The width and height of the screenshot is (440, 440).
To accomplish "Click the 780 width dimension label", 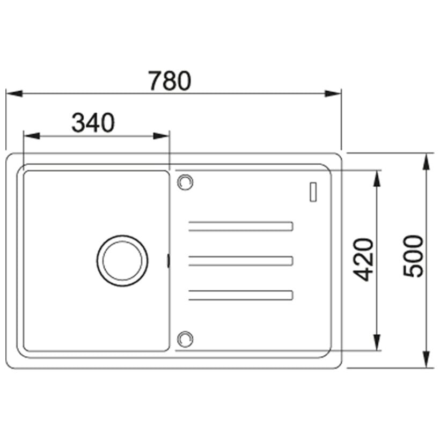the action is coord(170,81).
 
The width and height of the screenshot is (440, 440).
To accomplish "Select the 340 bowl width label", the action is coord(93,123).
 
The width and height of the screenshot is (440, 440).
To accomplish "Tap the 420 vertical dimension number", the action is coord(363,260).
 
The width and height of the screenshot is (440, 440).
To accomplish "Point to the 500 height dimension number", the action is coord(413,256).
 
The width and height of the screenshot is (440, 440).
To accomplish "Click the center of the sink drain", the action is coord(122,261).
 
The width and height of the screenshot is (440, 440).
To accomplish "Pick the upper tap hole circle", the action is coord(185,182).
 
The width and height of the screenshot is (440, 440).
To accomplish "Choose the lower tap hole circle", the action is coord(185,339).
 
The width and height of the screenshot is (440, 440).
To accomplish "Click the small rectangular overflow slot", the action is coord(313,192).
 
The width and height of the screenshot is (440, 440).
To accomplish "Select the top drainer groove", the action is coord(241,226).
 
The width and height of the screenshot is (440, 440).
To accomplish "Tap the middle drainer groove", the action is coord(241,261).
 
